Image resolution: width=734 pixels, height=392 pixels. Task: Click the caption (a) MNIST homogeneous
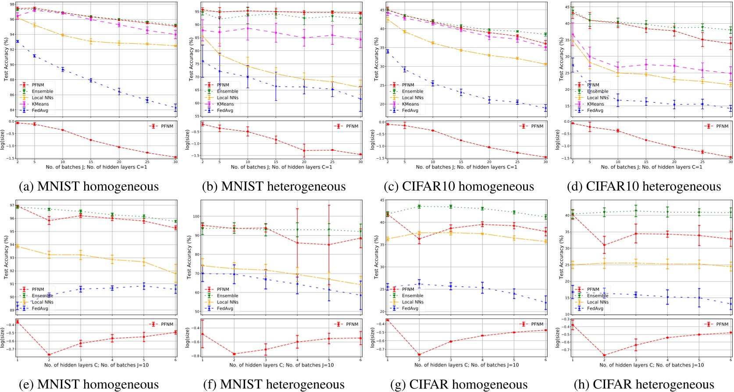[x=89, y=186]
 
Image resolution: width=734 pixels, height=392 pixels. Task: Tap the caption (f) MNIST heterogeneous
[x=273, y=385]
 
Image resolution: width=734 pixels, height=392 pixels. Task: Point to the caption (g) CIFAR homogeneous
[x=459, y=385]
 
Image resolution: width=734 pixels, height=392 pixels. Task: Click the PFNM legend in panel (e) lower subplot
[x=162, y=324]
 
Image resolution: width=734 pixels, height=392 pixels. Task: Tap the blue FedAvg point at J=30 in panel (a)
[x=176, y=108]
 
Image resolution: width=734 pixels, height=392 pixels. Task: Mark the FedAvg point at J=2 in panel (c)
[x=388, y=52]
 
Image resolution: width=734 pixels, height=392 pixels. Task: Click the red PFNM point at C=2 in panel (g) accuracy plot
[x=419, y=239]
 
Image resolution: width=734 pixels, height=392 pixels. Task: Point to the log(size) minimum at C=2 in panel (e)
[x=49, y=355]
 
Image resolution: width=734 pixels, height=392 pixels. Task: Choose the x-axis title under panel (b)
[x=281, y=167]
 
